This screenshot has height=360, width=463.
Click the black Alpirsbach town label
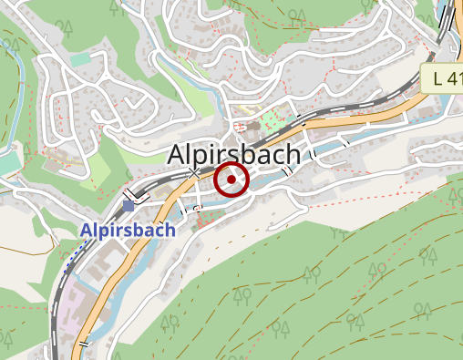point(233,155)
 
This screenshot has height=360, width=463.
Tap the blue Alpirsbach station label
point(128,231)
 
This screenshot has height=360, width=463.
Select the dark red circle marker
point(231,180)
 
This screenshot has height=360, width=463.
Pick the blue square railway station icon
point(129,206)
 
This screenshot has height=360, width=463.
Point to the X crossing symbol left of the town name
point(193,172)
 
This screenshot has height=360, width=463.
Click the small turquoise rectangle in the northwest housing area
point(81,59)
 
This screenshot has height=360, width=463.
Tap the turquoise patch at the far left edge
point(6,162)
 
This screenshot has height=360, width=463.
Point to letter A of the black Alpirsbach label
point(176,155)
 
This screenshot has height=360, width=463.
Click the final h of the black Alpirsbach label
point(292,155)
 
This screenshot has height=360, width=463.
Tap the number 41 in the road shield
point(453,77)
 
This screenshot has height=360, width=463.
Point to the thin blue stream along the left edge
point(15,100)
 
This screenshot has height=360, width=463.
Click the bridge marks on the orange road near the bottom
point(84,345)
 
